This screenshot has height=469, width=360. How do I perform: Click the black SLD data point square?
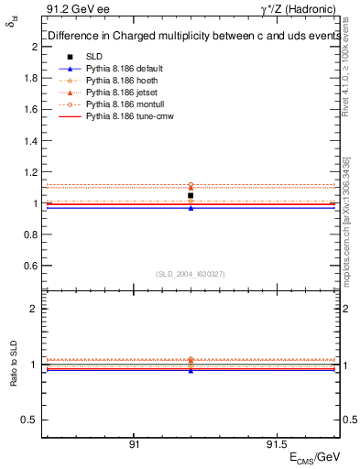191,195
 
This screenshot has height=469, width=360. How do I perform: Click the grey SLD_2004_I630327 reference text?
191,274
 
